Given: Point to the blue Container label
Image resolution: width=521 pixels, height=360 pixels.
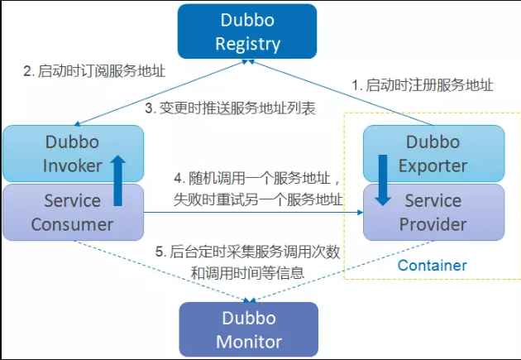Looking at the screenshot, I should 432,266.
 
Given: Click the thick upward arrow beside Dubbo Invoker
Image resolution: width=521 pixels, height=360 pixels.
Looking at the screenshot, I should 118,176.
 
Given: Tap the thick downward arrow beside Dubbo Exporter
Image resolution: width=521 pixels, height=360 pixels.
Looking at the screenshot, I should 382,178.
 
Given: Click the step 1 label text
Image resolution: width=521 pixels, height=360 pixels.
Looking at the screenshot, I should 422,84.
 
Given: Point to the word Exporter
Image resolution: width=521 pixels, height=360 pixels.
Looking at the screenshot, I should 433,165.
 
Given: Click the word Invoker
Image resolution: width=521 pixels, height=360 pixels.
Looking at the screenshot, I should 72,165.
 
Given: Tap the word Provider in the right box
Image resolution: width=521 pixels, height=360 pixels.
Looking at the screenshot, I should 433,224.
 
